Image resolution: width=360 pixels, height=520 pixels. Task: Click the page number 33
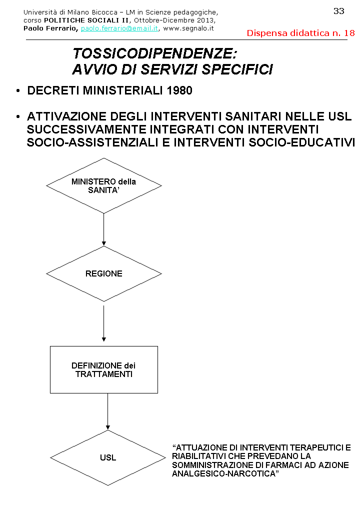click(338, 11)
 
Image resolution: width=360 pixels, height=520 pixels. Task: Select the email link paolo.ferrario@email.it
click(119, 28)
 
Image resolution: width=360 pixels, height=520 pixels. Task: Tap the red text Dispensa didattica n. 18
click(300, 33)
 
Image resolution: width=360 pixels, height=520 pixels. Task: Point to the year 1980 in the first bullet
click(179, 91)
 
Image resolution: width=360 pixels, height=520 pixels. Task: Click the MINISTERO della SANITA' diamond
click(103, 185)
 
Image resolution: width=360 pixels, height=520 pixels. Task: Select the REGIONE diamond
click(103, 273)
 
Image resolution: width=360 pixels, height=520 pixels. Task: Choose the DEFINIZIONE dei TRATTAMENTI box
click(103, 369)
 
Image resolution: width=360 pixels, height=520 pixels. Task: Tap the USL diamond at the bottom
click(107, 457)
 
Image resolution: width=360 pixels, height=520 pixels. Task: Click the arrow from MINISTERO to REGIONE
click(103, 229)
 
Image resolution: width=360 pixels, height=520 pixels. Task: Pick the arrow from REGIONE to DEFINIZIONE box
click(103, 323)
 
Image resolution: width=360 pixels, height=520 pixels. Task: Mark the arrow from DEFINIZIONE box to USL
click(107, 411)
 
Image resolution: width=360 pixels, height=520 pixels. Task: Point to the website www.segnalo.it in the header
click(188, 28)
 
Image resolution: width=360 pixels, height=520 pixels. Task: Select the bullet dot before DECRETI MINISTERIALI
click(18, 91)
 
